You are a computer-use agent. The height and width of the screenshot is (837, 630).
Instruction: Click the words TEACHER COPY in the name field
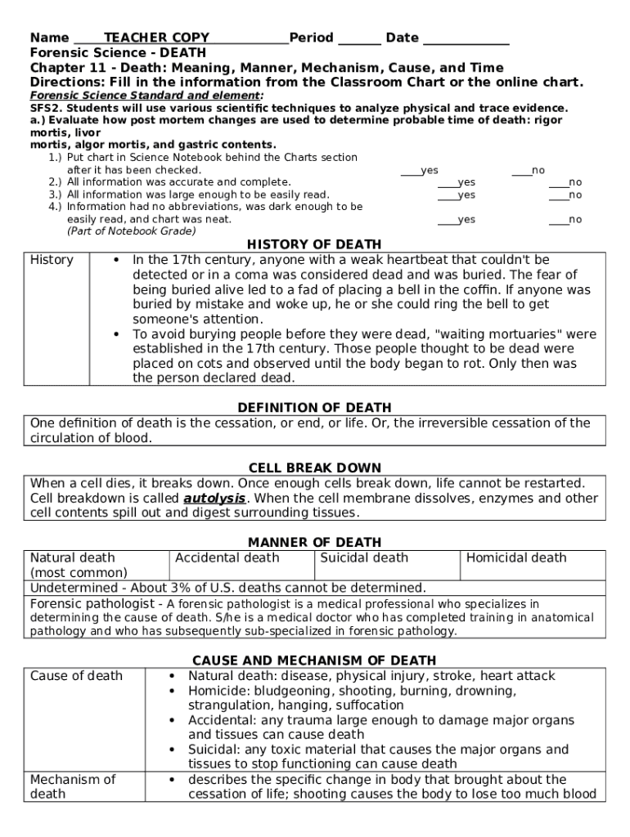coord(156,38)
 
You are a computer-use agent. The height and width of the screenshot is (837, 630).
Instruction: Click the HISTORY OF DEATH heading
coord(314,244)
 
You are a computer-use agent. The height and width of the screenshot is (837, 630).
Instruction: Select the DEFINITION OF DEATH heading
coord(314,408)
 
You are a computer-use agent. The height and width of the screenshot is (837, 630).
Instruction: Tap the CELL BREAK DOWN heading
coord(314,468)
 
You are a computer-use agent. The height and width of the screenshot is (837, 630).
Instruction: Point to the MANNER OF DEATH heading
coord(314,542)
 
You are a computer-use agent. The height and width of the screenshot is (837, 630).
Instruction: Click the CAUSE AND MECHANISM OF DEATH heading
coord(314,660)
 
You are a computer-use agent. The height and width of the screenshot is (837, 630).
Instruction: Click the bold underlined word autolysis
coord(214,499)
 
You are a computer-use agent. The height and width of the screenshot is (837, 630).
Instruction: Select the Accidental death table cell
coord(227,558)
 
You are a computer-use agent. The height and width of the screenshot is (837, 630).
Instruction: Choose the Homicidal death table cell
coord(515,558)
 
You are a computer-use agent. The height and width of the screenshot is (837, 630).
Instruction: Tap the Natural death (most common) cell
coord(79,565)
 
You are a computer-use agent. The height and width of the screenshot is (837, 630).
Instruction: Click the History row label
coord(52,260)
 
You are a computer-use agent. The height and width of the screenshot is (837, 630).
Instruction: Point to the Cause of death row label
coord(76,676)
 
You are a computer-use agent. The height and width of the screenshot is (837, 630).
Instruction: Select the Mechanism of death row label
coord(73,786)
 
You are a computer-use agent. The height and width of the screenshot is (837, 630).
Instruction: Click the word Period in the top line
coord(311,38)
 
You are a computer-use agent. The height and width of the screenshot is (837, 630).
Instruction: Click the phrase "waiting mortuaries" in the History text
coord(484,334)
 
